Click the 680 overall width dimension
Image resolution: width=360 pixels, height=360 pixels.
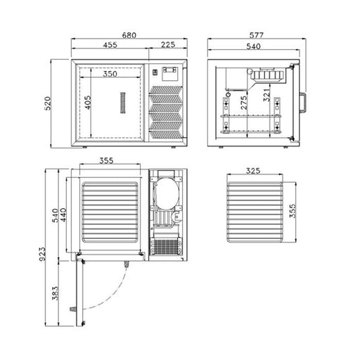tap(129, 35)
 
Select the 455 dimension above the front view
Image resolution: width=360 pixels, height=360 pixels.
tap(110, 45)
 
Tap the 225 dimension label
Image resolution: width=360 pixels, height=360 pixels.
tap(168, 44)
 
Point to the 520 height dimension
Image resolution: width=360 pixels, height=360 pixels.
tap(47, 103)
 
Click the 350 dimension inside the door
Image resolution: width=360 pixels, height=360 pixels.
tap(110, 74)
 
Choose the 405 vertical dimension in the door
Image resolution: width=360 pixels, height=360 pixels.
tap(88, 103)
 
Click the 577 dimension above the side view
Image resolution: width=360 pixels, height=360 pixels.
tap(257, 35)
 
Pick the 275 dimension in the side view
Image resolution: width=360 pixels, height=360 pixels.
tap(244, 103)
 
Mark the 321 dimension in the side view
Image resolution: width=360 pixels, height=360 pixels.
tap(266, 95)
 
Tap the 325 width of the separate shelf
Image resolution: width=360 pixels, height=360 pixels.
tap(253, 171)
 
